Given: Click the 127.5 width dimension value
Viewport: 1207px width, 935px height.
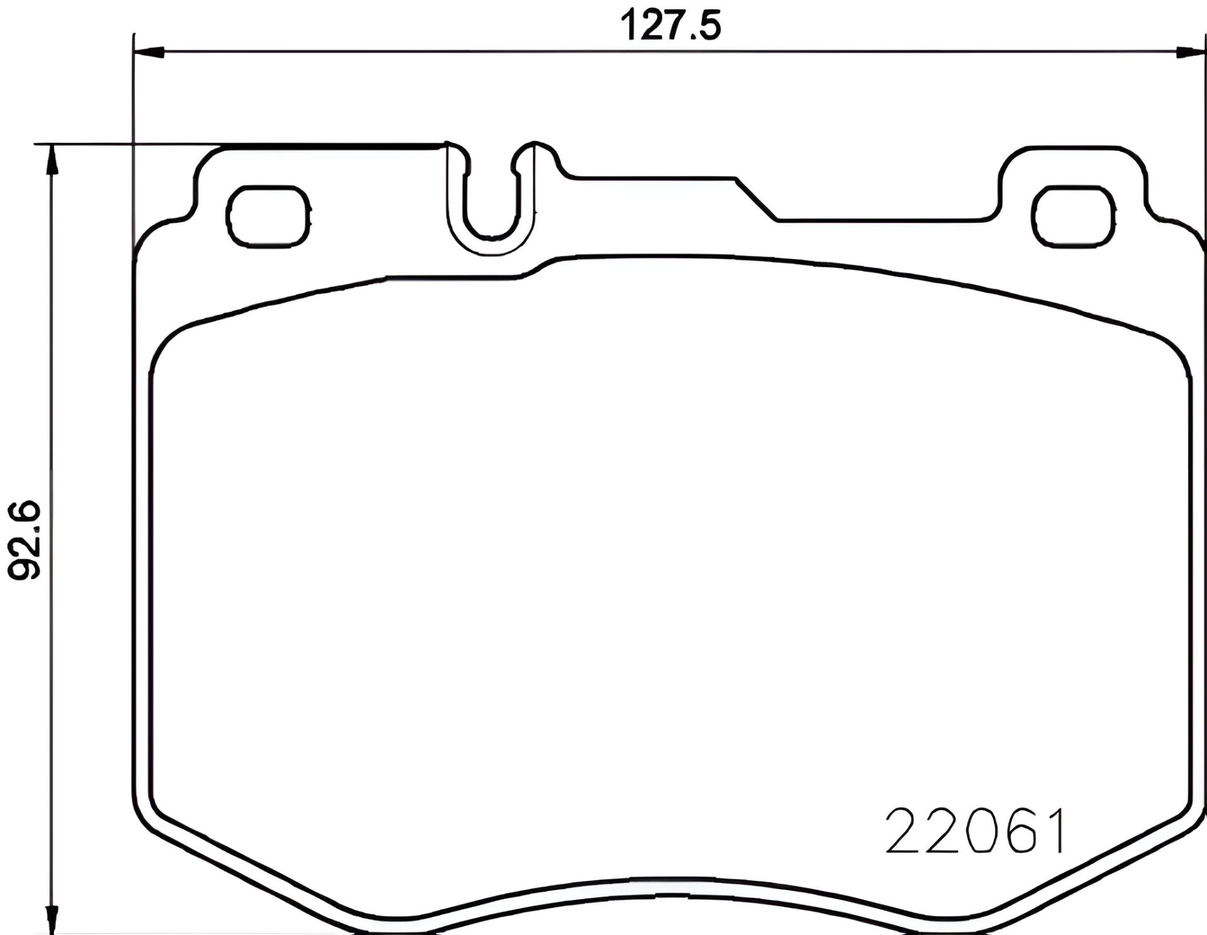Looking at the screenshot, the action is point(670,26).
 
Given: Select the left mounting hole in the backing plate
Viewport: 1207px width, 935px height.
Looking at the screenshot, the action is point(269,216).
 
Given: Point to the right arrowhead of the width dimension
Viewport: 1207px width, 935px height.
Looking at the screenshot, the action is point(1191,53).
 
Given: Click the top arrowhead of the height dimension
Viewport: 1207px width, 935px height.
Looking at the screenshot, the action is point(53,160).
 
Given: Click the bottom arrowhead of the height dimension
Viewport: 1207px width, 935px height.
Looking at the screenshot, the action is point(53,918).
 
